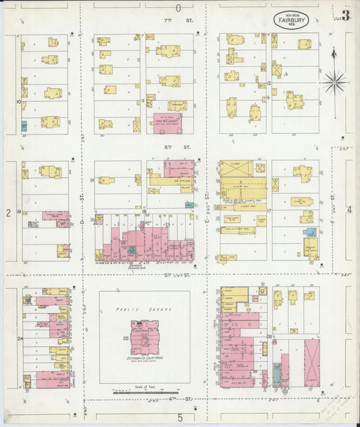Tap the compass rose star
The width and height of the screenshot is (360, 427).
(334, 82)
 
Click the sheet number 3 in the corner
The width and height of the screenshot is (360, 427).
(345, 16)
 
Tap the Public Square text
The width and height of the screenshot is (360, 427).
(145, 309)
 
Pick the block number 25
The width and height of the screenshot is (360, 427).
(126, 337)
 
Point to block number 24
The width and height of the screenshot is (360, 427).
(20, 338)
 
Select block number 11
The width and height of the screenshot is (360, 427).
(143, 101)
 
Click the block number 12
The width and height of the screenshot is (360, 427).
(268, 83)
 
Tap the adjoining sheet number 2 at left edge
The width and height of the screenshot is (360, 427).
(8, 213)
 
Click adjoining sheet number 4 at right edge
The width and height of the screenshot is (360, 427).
(349, 210)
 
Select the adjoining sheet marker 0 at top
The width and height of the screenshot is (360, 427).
(179, 8)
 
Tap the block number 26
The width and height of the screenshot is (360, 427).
(269, 336)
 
